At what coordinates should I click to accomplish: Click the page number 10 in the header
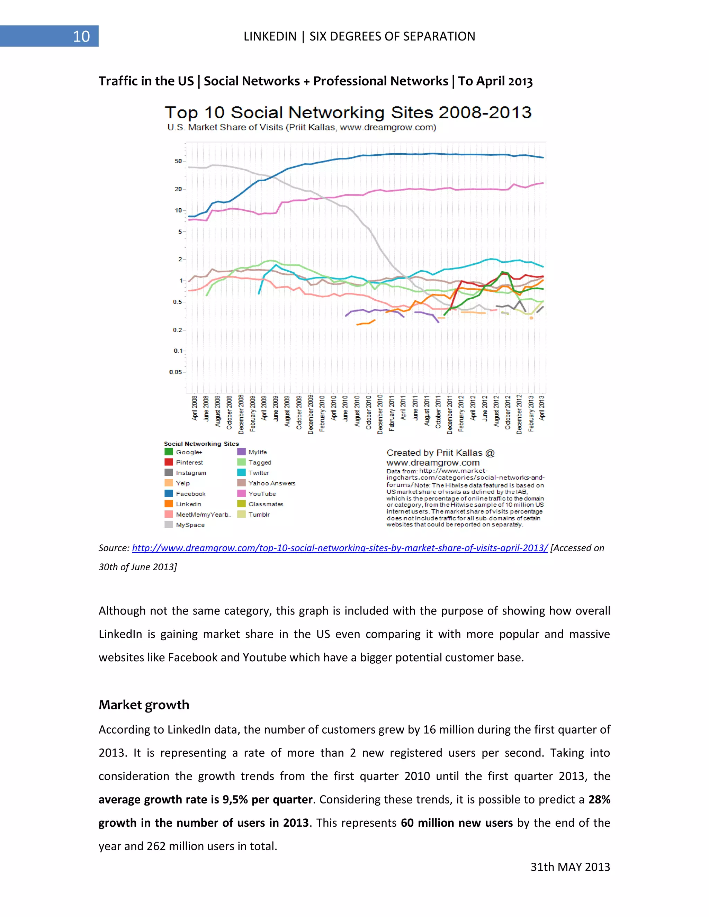[x=81, y=37]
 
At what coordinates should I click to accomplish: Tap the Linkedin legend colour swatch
[x=169, y=504]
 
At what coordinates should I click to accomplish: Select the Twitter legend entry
[x=258, y=473]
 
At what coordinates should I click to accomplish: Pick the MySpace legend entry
[x=190, y=525]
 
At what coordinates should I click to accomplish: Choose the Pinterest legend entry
[x=189, y=462]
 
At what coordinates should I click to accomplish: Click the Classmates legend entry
[x=266, y=504]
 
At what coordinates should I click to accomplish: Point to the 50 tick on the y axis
[x=179, y=161]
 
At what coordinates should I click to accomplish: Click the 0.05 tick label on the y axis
[x=176, y=372]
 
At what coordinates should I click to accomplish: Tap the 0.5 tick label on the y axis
[x=177, y=302]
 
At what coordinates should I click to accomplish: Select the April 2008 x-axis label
[x=195, y=408]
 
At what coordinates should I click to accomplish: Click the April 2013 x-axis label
[x=542, y=408]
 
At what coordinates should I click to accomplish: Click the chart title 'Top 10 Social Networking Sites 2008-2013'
[x=348, y=112]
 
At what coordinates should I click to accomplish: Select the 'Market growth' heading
[x=144, y=705]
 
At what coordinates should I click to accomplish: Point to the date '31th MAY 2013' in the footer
[x=570, y=867]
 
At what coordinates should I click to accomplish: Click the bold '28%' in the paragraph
[x=599, y=799]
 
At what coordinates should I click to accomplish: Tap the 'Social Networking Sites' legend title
[x=201, y=444]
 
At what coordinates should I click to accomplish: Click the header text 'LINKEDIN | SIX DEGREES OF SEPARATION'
[x=359, y=37]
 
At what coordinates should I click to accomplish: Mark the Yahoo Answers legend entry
[x=271, y=483]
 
